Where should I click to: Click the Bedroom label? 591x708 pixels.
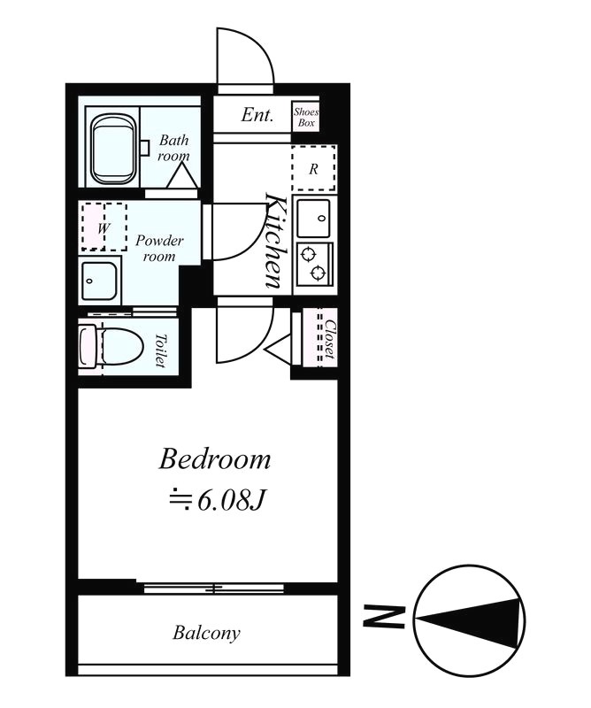[x=214, y=459]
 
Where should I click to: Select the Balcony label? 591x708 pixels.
[x=206, y=633]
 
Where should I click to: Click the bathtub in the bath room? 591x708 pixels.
[x=113, y=150]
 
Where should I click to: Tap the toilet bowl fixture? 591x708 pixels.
[x=110, y=345]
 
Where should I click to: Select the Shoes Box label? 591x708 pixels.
[x=305, y=117]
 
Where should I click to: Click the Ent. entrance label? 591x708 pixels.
[x=258, y=115]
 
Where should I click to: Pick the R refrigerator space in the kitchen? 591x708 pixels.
[x=313, y=169]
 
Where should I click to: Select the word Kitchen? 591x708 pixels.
[x=275, y=241]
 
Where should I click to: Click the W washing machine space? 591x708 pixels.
[x=104, y=227]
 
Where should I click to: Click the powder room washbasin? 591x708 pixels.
[x=99, y=282]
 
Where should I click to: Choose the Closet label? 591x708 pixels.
[x=328, y=338]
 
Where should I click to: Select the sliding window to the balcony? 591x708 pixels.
[x=212, y=587]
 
